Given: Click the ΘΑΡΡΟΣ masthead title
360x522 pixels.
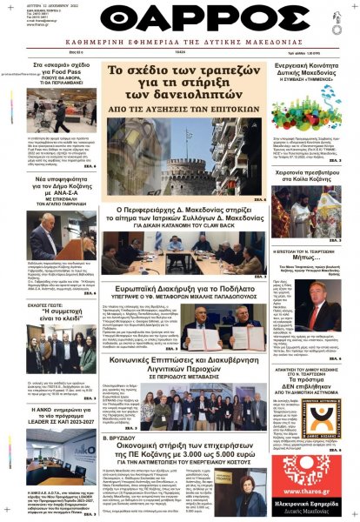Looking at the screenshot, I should coord(180,22).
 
